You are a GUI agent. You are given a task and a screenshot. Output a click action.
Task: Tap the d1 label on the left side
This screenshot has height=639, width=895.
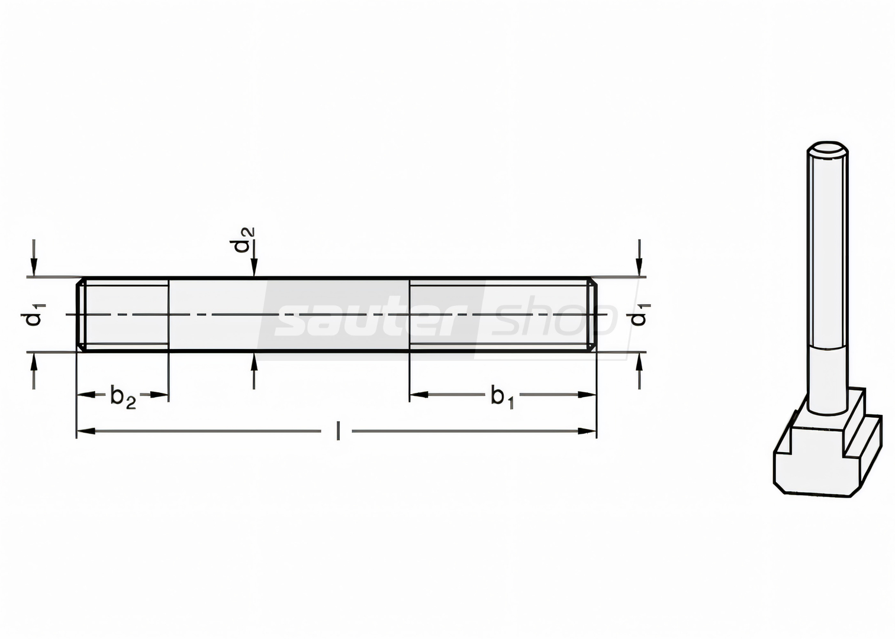[x=33, y=315]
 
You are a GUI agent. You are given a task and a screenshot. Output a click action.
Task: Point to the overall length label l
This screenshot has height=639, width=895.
[x=338, y=431]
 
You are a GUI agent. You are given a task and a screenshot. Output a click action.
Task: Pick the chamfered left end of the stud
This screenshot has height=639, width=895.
[x=81, y=314]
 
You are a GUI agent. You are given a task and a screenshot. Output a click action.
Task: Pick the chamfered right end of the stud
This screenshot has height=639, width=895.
[x=592, y=314]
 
